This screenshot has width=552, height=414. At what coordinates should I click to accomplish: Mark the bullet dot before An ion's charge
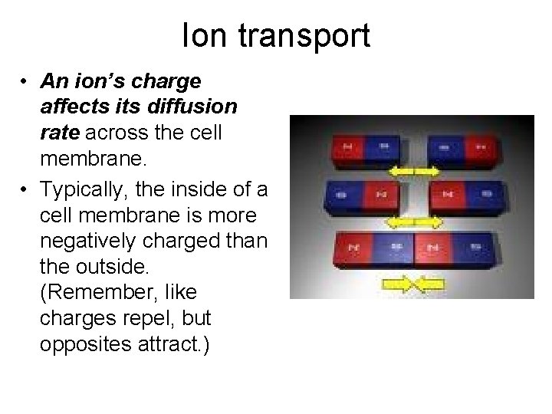[27, 80]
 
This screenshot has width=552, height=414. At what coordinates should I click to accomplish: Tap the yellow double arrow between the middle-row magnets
[414, 222]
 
